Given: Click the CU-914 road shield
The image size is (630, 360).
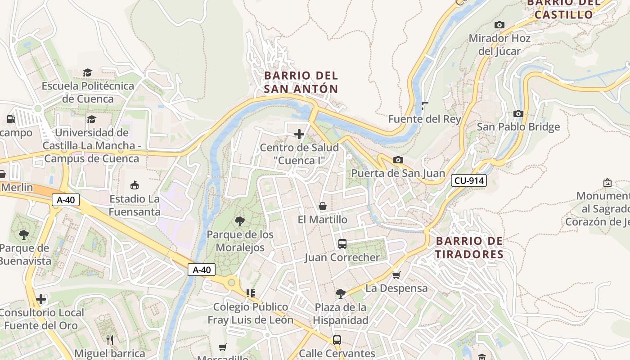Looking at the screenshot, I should pos(469,181).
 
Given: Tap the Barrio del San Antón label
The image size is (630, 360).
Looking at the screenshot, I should pos(301,82).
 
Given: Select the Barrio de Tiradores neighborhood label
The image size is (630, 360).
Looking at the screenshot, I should pos(469,247).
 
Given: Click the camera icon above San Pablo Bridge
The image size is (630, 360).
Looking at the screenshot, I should pos(518,113).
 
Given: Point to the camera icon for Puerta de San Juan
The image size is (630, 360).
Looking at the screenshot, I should pos(398,160).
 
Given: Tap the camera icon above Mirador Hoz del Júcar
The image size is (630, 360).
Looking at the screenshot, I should pos(499,25).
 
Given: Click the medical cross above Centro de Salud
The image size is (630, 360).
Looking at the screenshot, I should pos(299,134).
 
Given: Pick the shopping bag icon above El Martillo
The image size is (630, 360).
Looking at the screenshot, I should pos(323,206).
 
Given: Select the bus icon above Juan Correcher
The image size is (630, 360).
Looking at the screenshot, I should pos(342,244).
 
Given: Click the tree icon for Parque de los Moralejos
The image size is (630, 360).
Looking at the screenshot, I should pos(240,221).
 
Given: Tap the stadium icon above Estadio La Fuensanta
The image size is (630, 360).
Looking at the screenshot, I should pos(135,185).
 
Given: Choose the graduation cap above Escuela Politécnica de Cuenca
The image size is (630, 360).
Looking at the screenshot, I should pos(88,72).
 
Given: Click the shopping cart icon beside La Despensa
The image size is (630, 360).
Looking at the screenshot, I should pos(396,274).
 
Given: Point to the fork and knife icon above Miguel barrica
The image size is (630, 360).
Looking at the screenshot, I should pos(109,339).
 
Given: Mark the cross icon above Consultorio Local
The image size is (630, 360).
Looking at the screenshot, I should pos(41,299).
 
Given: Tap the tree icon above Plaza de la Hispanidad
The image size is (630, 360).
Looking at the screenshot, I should pos(341,294).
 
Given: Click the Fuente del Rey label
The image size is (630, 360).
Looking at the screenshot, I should pos(424,119).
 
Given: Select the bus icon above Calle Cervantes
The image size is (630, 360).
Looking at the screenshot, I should pos(337,340).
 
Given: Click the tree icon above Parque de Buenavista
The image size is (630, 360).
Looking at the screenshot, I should pos(24,234).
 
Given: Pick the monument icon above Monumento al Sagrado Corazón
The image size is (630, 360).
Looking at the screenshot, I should pos(607,183).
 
